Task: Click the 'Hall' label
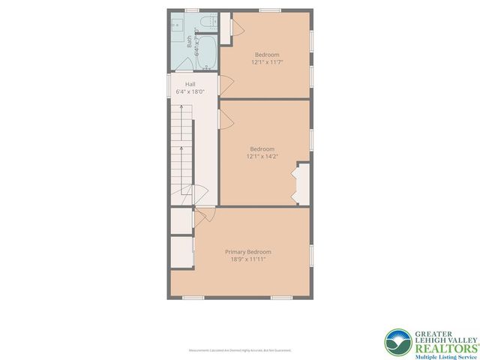tap(180, 84)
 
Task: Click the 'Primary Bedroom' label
tap(248, 251)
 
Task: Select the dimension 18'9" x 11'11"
tap(248, 259)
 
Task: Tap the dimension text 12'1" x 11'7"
tap(267, 62)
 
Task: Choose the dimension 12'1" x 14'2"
tap(262, 156)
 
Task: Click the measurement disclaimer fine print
tap(240, 350)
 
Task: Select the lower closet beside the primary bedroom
tap(181, 253)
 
